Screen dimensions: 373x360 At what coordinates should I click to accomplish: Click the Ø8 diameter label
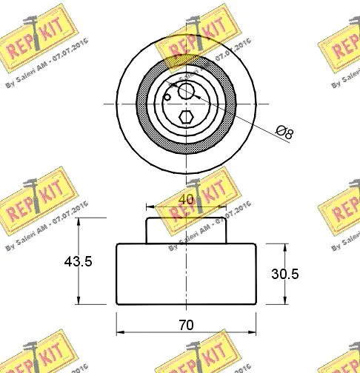pos(284,133)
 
